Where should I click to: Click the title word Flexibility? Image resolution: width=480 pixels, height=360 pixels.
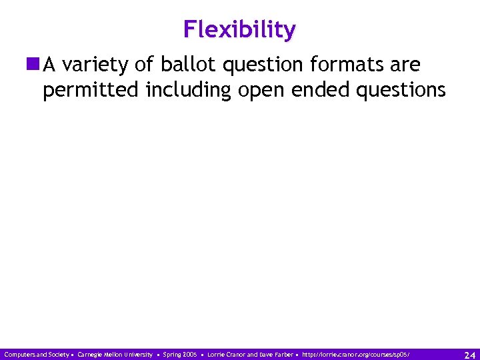[x=240, y=30]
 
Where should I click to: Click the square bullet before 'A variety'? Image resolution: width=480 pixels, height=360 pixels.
[x=33, y=65]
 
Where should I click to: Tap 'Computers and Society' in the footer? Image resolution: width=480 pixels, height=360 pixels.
[x=35, y=354]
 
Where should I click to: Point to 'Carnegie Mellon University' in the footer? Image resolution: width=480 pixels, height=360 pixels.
[x=115, y=354]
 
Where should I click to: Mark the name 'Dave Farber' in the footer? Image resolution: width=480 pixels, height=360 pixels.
[x=275, y=354]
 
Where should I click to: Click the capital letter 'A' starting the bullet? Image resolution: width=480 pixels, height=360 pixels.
[x=49, y=65]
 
